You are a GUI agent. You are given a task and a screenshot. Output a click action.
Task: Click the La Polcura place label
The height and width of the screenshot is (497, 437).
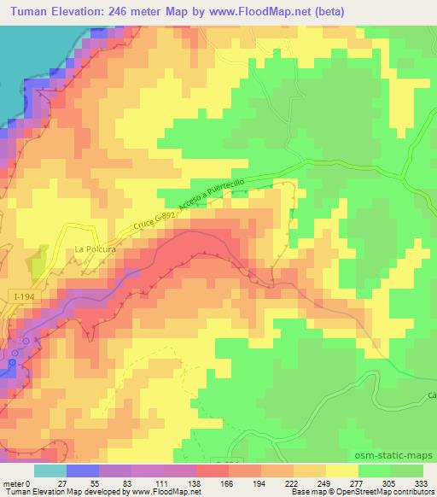pos(95,249)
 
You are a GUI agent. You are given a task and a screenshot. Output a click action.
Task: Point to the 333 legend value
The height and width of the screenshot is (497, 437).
pos(422,483)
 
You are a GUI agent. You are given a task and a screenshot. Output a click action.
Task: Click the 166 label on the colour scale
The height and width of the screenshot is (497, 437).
pos(228,483)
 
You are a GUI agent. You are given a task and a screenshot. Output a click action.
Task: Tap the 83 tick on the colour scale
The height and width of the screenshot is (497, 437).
pos(114,483)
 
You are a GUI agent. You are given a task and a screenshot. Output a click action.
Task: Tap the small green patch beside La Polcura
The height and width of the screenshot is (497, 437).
pos(38,267)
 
